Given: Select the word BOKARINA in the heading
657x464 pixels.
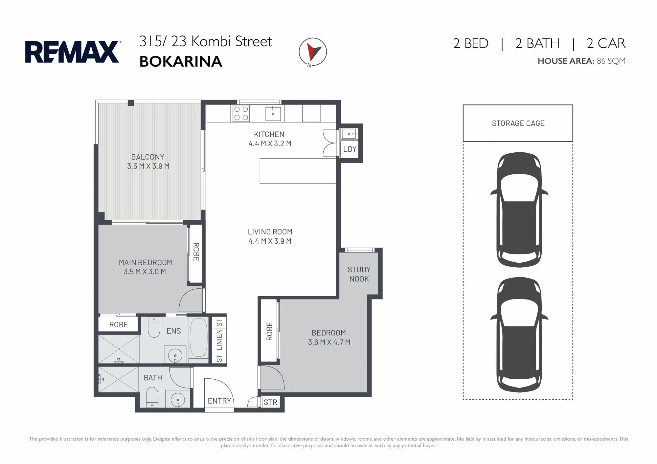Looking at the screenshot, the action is click(x=181, y=61).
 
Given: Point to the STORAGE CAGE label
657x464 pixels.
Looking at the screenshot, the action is click(x=518, y=123).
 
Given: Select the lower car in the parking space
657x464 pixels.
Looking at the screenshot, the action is click(x=519, y=335).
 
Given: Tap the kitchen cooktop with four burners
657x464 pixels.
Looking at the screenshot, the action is click(x=241, y=113).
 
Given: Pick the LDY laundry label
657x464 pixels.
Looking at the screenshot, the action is click(x=350, y=149).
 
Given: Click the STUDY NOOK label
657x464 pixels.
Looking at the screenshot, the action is click(x=359, y=274).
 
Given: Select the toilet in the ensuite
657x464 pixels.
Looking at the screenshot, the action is click(x=154, y=326).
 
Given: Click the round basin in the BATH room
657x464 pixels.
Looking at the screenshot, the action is click(x=178, y=400).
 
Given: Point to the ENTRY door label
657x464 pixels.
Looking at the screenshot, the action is click(x=219, y=401).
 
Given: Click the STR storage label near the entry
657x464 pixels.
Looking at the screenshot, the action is click(x=270, y=402).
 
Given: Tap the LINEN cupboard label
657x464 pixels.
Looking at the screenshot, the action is click(x=219, y=340).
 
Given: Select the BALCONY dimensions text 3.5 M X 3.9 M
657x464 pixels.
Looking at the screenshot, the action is click(x=148, y=166).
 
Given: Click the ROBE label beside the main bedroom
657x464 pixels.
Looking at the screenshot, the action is click(x=196, y=252).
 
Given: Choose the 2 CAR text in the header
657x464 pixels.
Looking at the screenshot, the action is click(x=606, y=43).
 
